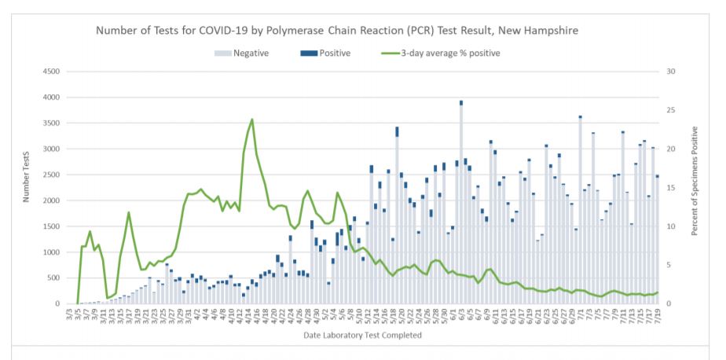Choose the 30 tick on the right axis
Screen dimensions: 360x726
pos(670,72)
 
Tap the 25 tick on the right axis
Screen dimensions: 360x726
pos(670,110)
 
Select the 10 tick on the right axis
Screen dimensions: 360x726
pos(670,226)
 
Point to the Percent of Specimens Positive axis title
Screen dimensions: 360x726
pos(695,187)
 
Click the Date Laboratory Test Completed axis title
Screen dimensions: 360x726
pos(362,336)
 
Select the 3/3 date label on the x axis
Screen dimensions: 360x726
pos(70,315)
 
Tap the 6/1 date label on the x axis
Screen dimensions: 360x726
pos(454,315)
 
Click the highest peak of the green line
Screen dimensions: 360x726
pos(251,119)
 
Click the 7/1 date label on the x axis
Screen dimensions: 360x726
pos(578,315)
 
